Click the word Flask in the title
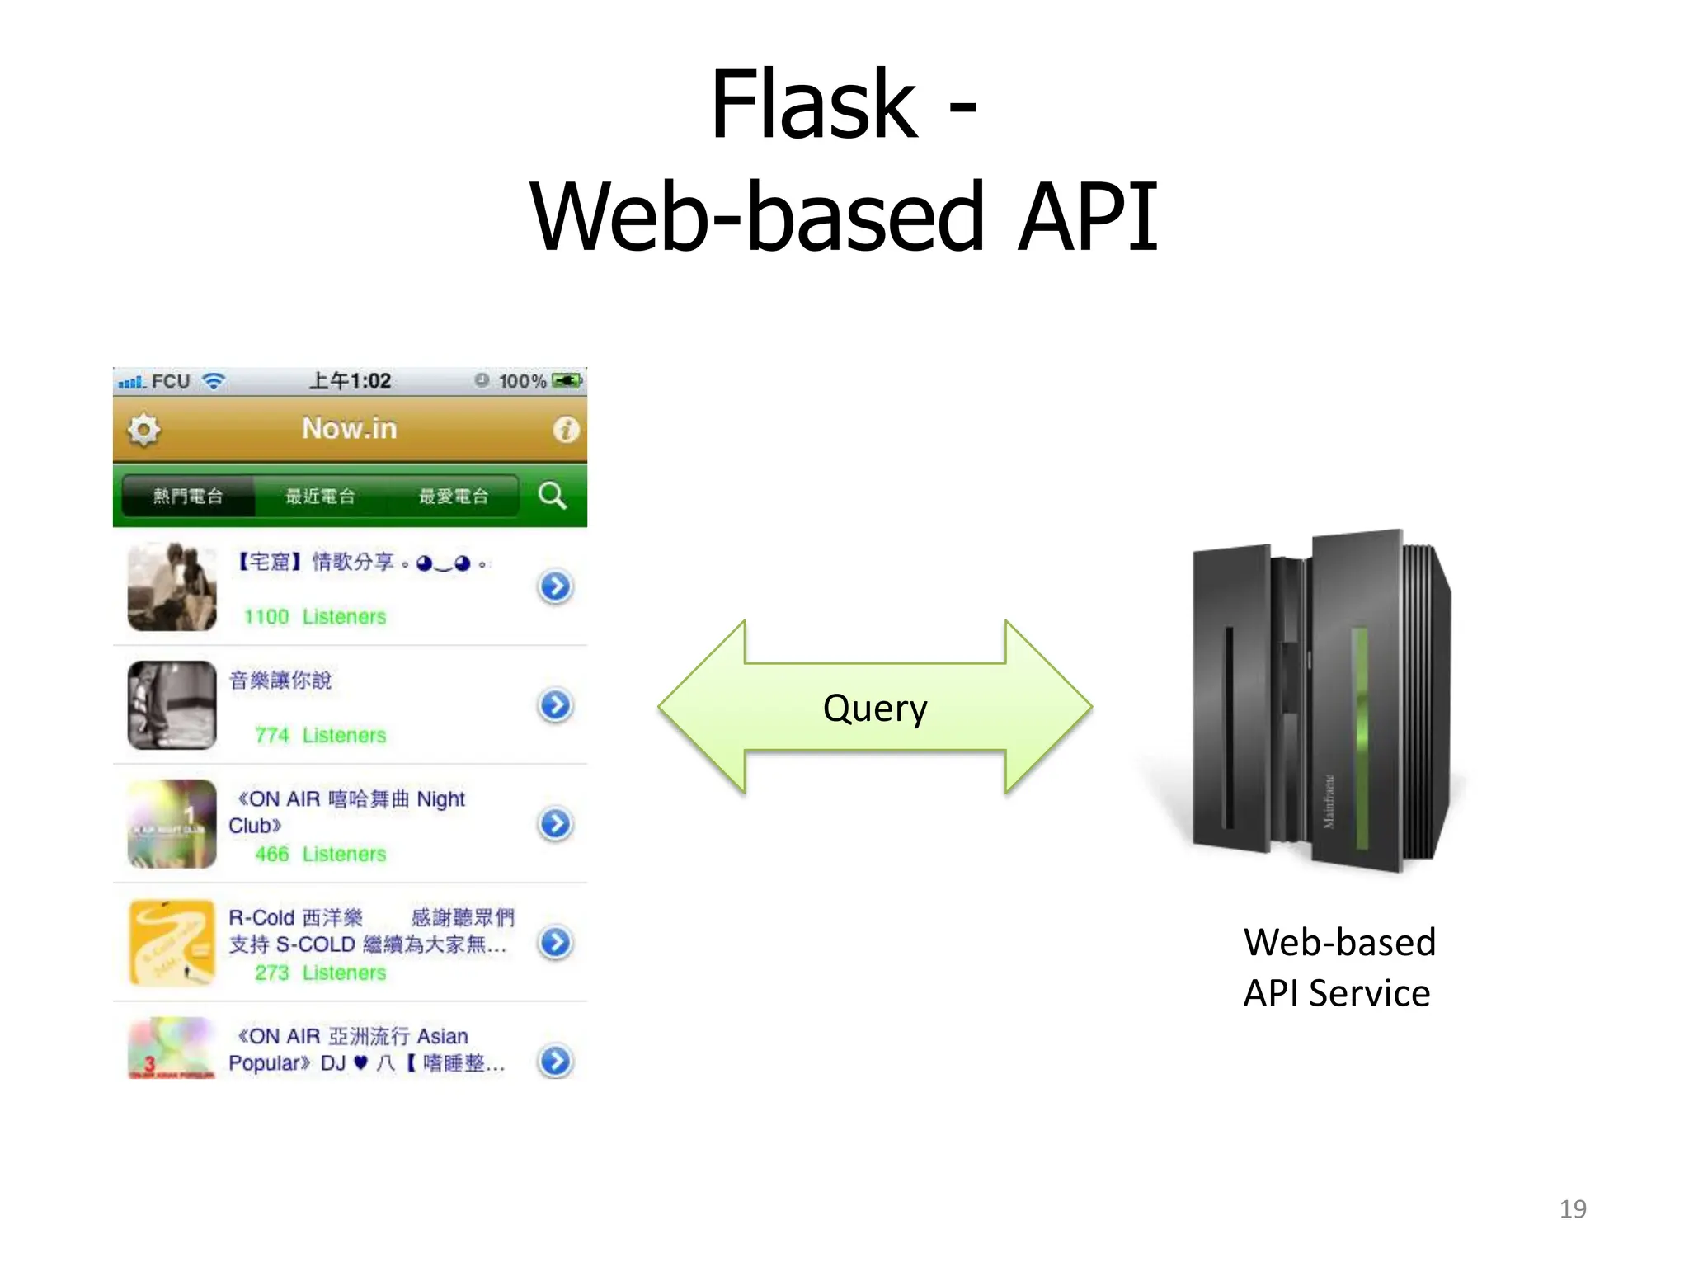coord(813,106)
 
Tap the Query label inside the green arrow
coord(875,709)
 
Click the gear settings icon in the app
coord(144,430)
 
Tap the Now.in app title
coord(350,429)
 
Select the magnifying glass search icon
coord(552,496)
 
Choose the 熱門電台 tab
coord(188,497)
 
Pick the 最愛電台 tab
coord(454,497)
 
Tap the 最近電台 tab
coord(321,497)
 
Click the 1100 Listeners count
coord(315,617)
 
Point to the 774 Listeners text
coord(320,736)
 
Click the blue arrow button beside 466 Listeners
coord(556,823)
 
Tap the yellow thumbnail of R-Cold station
coord(172,942)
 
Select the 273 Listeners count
coord(320,973)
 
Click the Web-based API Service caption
coord(1338,968)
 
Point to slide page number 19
coord(1572,1209)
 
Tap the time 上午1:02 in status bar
coord(350,381)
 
